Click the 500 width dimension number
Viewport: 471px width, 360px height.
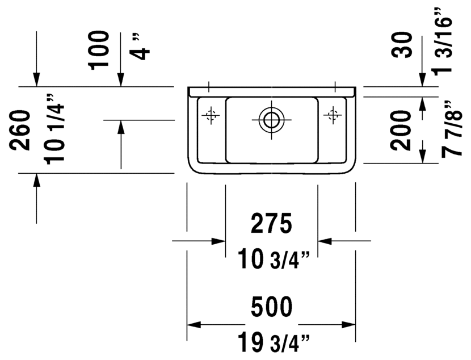pos(271,307)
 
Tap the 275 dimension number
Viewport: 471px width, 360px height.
pos(271,223)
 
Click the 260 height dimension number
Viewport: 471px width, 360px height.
pos(20,130)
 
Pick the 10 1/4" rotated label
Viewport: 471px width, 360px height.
pos(54,129)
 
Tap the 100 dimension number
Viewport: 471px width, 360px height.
pos(98,51)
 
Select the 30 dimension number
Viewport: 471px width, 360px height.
pos(402,45)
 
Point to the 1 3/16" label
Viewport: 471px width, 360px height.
pos(442,41)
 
